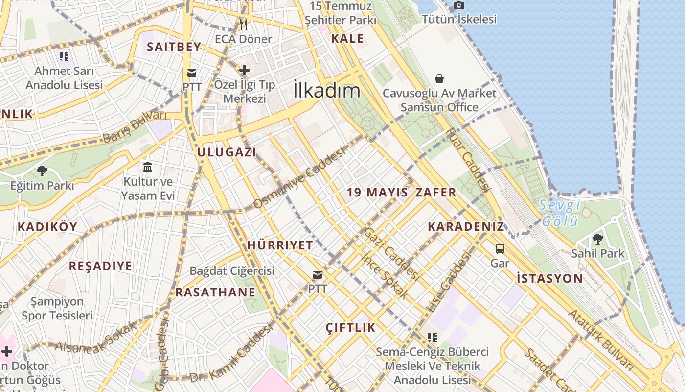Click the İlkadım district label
(x=327, y=90)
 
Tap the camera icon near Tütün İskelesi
(x=458, y=5)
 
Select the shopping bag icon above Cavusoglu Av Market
(x=439, y=79)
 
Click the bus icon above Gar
(x=500, y=248)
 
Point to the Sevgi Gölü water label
(x=560, y=213)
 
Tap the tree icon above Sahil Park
(x=597, y=239)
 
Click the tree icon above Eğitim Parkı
(x=42, y=171)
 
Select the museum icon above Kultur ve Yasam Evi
(x=148, y=167)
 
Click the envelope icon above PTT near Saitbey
(x=191, y=73)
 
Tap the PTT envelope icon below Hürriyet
(x=318, y=275)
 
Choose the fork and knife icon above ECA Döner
(x=243, y=24)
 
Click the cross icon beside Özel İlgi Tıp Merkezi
(x=244, y=70)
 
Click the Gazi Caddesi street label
(x=392, y=254)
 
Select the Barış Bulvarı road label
(x=135, y=127)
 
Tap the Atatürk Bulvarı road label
(x=601, y=339)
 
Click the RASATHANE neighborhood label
(x=215, y=293)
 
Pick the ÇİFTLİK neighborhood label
(x=350, y=328)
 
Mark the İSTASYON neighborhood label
(x=550, y=279)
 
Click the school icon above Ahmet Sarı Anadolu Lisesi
(x=64, y=56)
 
